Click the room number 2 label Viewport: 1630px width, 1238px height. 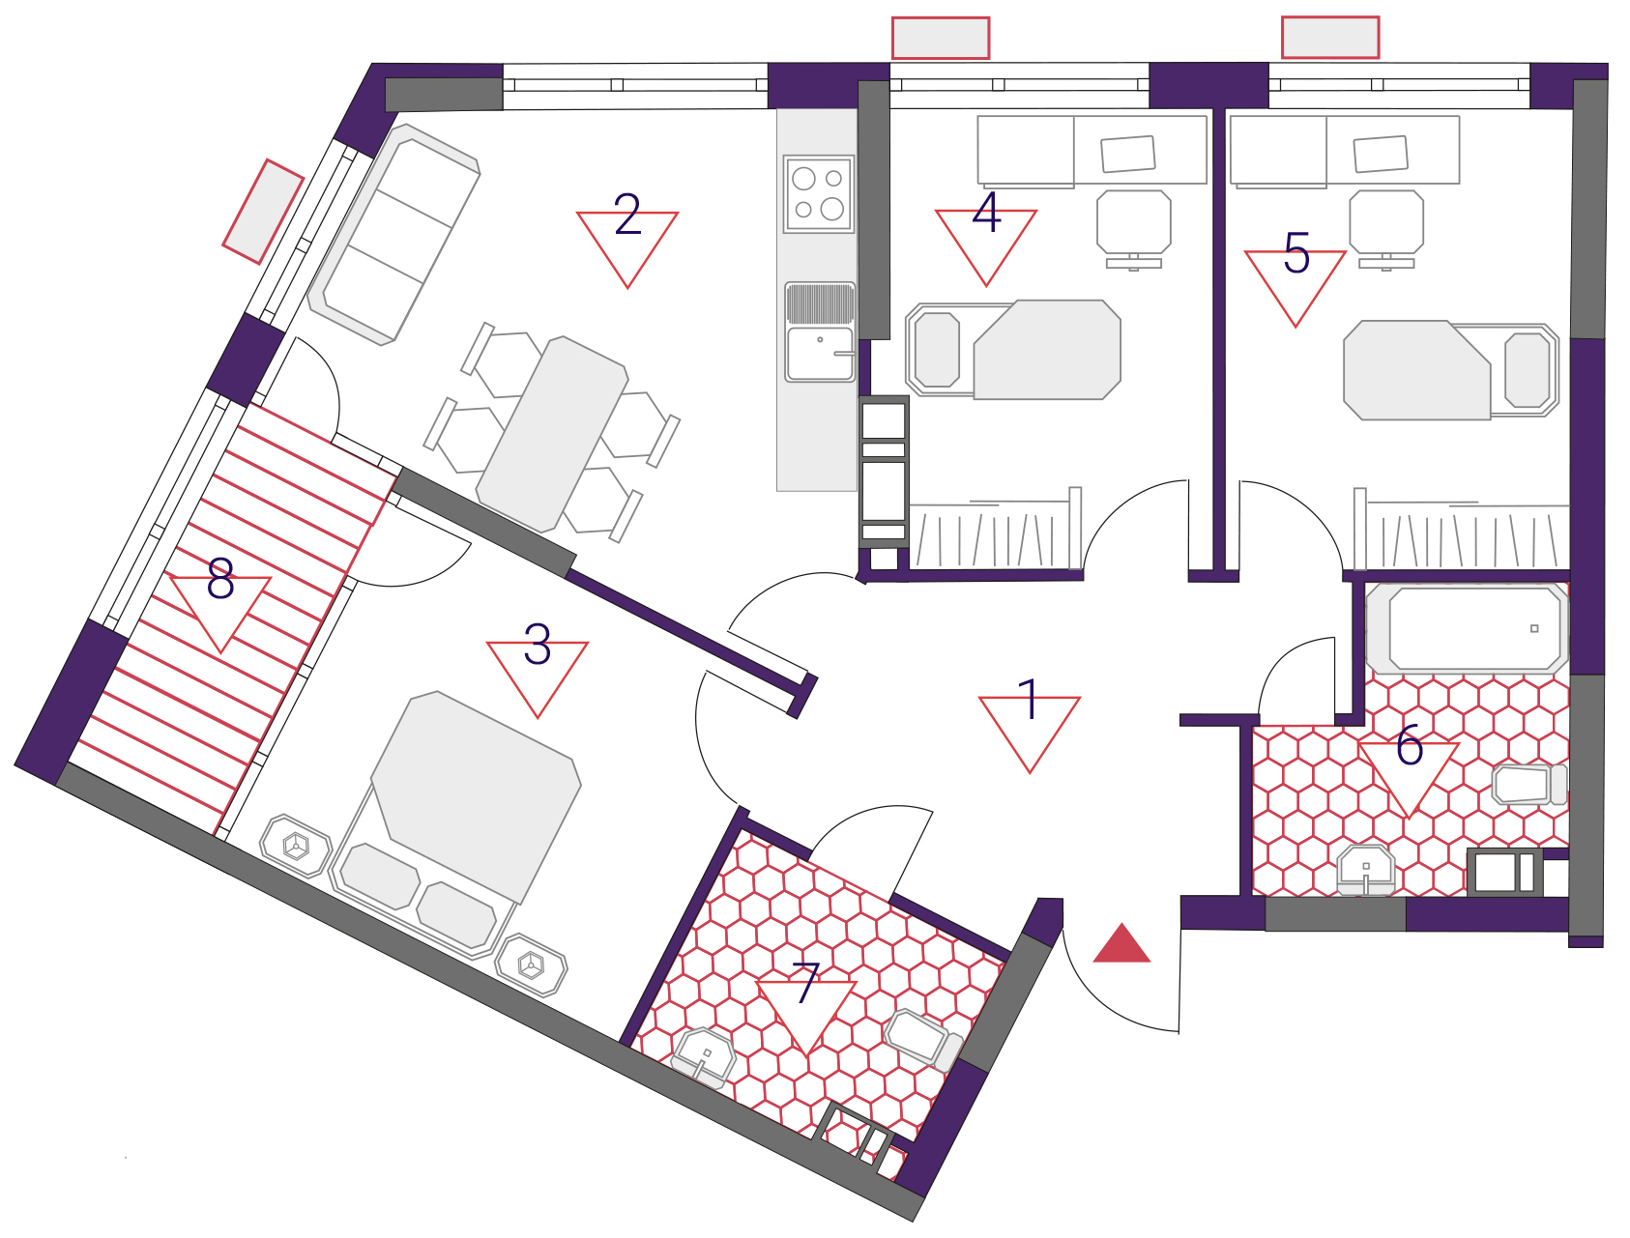627,215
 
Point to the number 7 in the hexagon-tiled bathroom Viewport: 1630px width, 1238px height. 806,983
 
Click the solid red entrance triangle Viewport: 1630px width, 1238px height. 1121,943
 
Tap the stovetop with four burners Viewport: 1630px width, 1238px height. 819,194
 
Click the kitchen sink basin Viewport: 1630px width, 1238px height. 820,354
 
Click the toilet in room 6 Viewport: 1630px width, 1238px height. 1529,784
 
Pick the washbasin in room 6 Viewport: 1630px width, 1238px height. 1365,868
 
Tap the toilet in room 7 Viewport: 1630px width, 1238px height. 923,1040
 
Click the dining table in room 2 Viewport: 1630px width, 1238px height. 552,434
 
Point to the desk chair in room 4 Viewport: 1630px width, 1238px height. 1134,230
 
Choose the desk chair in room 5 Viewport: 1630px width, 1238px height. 1386,230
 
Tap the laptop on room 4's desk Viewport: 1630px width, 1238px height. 1128,154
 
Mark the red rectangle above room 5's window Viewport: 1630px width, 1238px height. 1330,38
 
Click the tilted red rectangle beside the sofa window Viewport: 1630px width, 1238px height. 264,212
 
